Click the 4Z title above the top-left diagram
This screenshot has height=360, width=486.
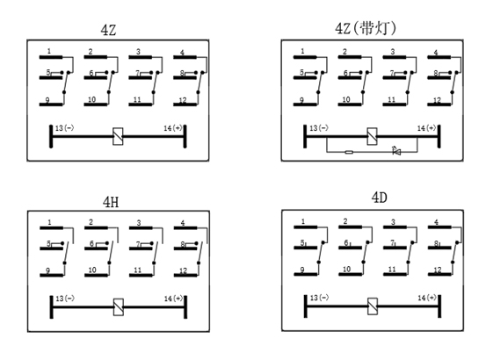(108, 30)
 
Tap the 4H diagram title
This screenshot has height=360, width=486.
(111, 202)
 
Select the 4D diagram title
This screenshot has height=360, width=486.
(380, 198)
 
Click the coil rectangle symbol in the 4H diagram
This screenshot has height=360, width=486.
(119, 307)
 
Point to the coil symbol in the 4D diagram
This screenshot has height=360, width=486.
(373, 306)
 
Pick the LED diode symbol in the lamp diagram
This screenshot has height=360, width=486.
(396, 151)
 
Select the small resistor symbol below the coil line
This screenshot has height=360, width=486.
(349, 152)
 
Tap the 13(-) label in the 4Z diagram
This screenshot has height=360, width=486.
(64, 128)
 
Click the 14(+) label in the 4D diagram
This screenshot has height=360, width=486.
(426, 298)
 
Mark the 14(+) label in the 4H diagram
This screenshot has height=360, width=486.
(173, 299)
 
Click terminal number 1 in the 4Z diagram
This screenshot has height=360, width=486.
(49, 51)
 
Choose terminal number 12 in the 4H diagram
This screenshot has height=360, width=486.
(183, 270)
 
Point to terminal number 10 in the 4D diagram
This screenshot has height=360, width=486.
(346, 270)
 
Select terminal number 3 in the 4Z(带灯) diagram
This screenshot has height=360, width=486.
(393, 52)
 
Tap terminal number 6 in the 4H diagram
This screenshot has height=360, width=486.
(91, 243)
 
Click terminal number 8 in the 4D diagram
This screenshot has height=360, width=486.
(436, 243)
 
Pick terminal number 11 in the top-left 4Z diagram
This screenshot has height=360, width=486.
(137, 100)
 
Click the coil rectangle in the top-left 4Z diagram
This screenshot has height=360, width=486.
(118, 136)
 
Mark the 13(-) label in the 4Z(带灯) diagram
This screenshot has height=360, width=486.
(319, 128)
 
